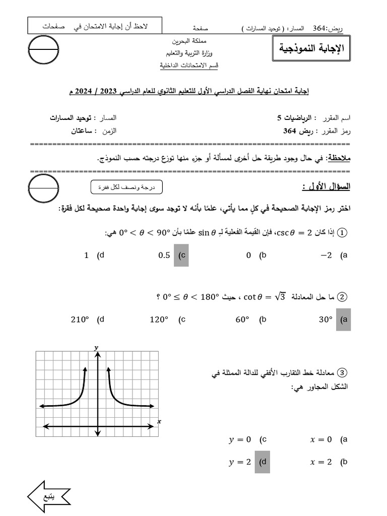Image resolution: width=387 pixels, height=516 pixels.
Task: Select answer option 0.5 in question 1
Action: [165, 255]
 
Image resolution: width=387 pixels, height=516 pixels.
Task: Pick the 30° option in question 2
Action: [326, 319]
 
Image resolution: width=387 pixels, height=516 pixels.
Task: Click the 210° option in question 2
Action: [80, 319]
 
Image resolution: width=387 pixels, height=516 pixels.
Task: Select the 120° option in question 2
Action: [160, 319]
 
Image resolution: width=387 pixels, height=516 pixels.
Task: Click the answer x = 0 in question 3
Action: [321, 439]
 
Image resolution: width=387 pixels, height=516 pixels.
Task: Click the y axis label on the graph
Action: [96, 348]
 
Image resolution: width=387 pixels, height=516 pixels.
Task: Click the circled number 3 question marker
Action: [343, 373]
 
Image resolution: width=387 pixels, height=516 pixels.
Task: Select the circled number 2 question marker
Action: [343, 297]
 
